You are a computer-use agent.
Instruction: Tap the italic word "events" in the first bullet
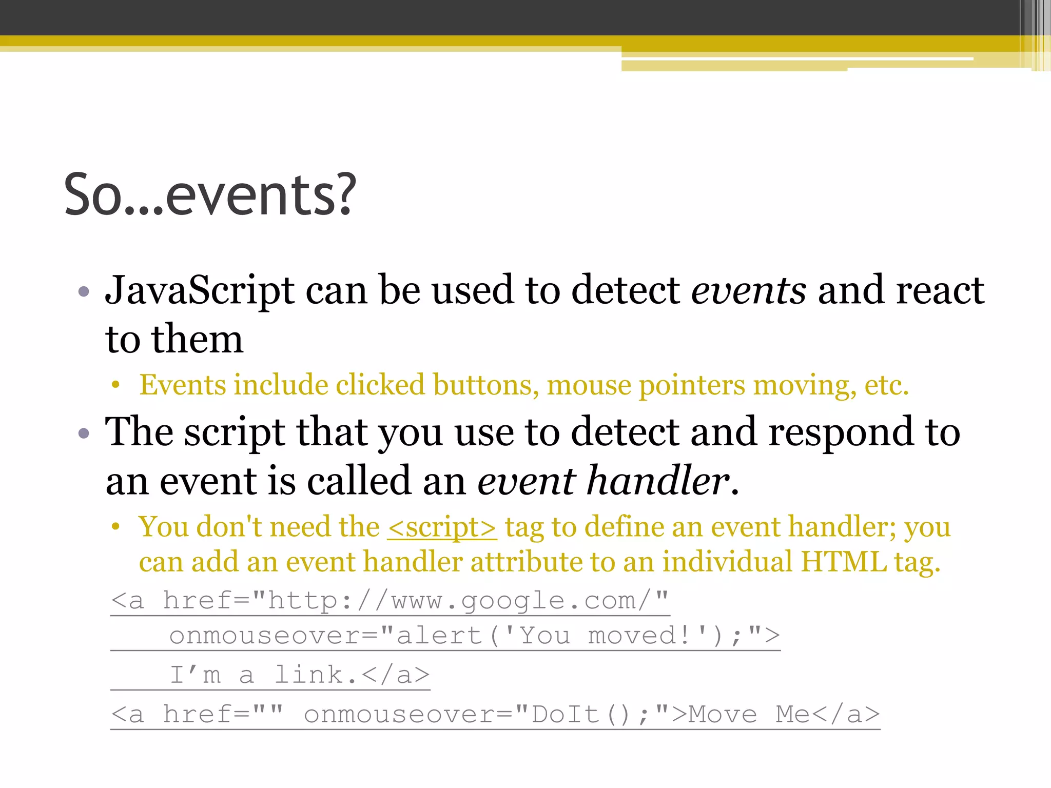click(748, 290)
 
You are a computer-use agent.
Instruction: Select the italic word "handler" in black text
click(658, 481)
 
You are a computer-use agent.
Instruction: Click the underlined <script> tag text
click(442, 527)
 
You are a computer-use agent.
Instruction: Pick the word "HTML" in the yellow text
click(843, 562)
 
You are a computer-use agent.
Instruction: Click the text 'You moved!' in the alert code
click(606, 636)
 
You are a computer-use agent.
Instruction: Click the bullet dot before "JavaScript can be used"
click(84, 292)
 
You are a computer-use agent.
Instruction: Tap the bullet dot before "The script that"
click(84, 434)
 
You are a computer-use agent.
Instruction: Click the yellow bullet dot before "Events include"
click(116, 385)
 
